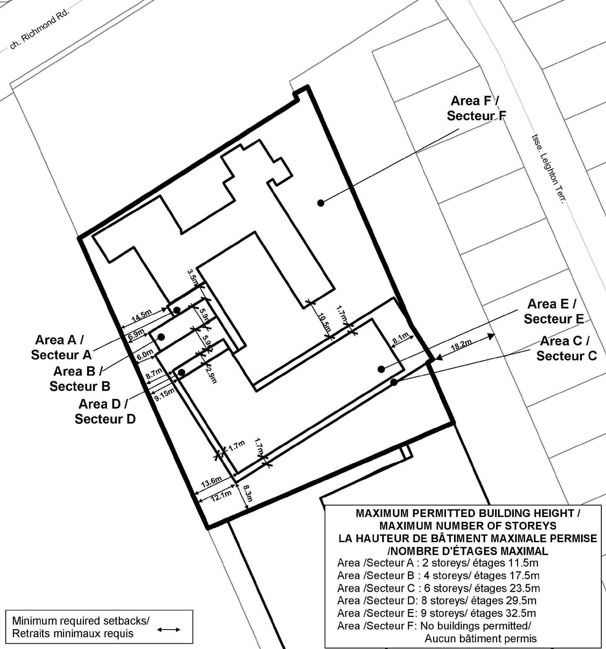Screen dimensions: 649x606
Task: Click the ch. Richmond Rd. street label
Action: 39,29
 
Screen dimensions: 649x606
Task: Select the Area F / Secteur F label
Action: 475,108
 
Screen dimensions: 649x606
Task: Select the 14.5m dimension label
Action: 142,314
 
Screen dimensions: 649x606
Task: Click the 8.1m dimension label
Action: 401,338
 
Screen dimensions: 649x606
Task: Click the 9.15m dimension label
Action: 164,394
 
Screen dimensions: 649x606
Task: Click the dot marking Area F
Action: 321,203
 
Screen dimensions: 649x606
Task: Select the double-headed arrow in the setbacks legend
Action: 169,629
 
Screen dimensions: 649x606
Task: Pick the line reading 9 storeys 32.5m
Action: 437,613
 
